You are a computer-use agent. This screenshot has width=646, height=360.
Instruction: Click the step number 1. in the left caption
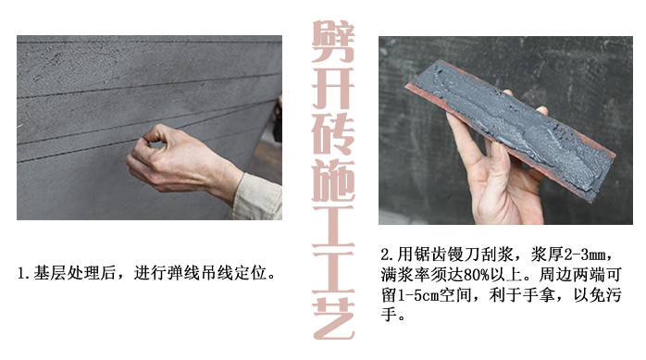[25, 273]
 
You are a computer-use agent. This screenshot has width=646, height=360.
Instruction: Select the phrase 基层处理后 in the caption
[70, 273]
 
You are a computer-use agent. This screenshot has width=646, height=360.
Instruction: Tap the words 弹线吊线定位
[221, 273]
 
